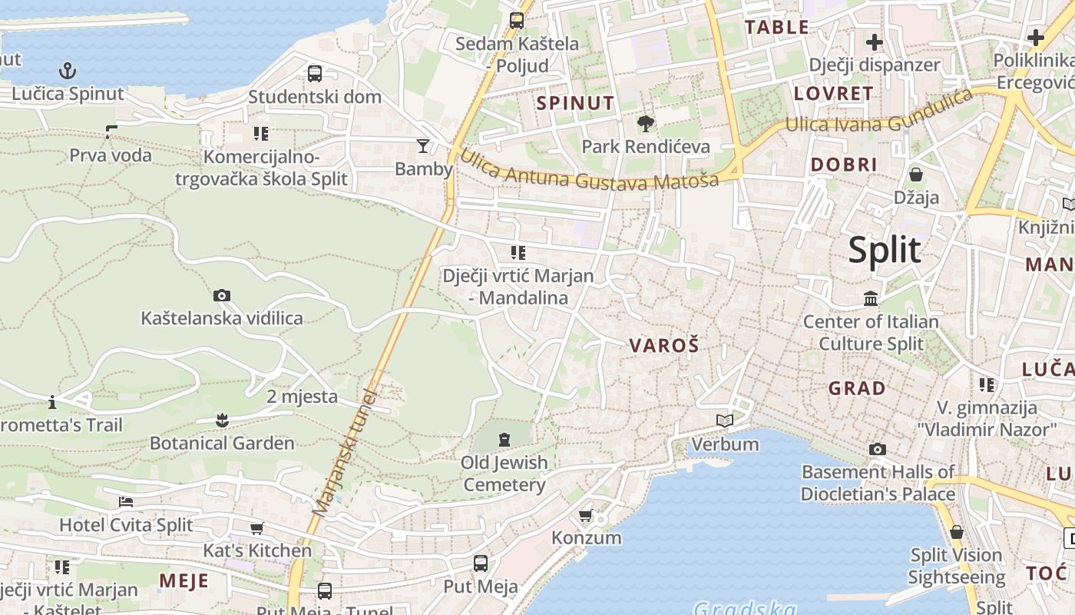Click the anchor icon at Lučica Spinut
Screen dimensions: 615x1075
tap(68, 71)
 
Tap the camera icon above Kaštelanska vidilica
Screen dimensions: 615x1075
tap(222, 295)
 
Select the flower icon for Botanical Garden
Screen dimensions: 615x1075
tap(222, 420)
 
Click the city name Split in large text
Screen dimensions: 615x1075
tap(884, 251)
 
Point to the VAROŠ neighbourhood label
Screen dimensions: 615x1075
tap(664, 346)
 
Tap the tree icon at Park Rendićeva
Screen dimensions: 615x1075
tap(646, 123)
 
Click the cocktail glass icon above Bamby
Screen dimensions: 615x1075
tap(423, 145)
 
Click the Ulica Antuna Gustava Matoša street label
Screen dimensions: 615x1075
tap(588, 170)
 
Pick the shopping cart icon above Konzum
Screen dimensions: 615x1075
tap(586, 514)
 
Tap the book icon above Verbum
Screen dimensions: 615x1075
tap(724, 421)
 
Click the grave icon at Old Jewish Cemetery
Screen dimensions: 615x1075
tap(504, 440)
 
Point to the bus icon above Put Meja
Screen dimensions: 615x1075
tap(481, 563)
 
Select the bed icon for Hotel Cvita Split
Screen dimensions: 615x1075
tap(126, 502)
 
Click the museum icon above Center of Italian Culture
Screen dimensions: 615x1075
tap(871, 298)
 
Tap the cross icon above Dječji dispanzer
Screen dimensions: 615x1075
tap(874, 42)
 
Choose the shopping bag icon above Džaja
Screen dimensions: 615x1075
tap(915, 175)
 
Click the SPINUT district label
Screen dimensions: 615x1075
tap(576, 103)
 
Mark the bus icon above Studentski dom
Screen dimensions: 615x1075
tap(315, 74)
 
